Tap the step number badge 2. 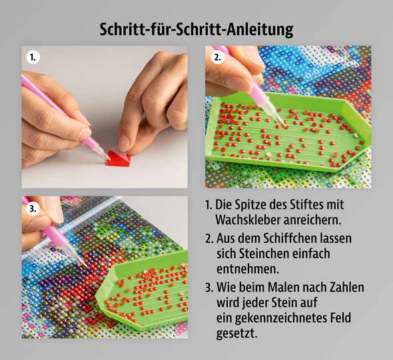tap(217, 57)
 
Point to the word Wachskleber tap(248, 219)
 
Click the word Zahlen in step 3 tap(347, 287)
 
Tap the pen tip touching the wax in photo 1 tap(109, 152)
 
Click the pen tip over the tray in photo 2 tap(282, 124)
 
